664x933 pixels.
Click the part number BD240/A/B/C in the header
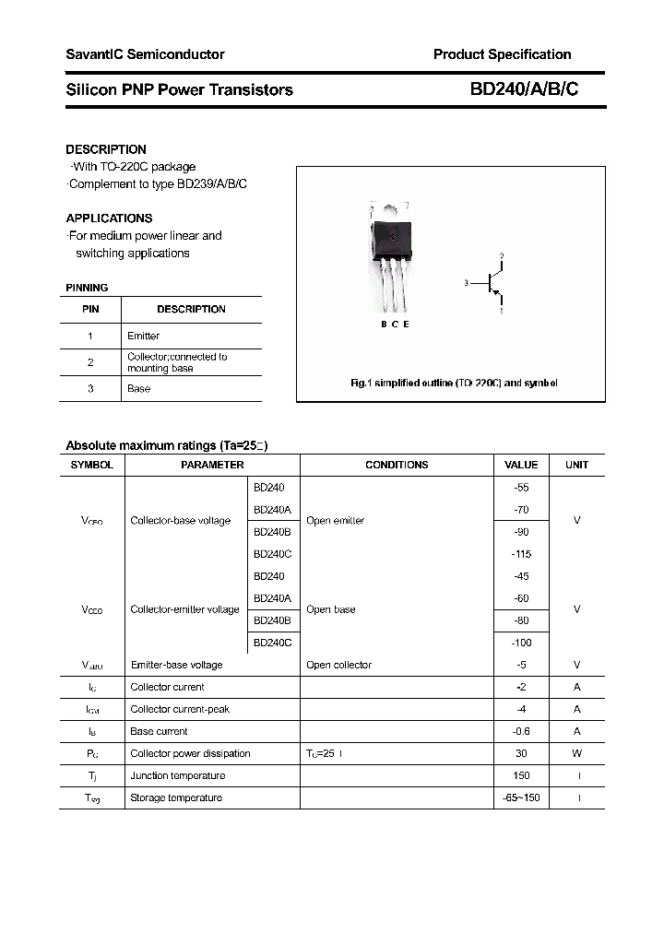[525, 89]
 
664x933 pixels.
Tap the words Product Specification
[502, 54]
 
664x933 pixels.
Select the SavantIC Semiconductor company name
[145, 54]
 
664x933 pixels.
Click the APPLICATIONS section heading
[109, 218]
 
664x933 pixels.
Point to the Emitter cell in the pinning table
[143, 336]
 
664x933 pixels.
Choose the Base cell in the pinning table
[138, 388]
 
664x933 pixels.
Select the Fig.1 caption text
[455, 383]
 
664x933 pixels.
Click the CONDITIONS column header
[397, 465]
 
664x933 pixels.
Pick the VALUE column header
[521, 465]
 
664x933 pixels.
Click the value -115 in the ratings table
[521, 554]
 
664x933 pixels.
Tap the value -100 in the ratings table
[521, 643]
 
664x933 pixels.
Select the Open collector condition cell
[338, 665]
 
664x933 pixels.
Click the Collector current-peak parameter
[180, 709]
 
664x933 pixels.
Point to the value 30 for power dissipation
[521, 753]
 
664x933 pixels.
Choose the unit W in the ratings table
[577, 753]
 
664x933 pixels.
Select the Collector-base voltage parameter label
[181, 521]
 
